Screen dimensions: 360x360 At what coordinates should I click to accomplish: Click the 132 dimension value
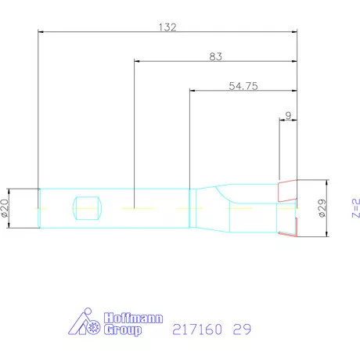(x=167, y=27)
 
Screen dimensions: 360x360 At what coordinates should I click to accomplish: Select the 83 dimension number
(x=216, y=56)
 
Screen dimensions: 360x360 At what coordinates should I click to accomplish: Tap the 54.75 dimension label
(x=243, y=87)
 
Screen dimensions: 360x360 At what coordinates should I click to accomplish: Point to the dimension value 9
(x=289, y=115)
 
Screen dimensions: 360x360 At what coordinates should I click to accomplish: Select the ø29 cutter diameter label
(x=322, y=207)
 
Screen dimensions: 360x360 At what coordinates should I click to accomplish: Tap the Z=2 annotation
(x=355, y=207)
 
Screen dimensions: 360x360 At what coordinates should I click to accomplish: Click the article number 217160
(x=196, y=329)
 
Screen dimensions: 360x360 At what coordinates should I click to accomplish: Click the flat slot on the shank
(x=87, y=208)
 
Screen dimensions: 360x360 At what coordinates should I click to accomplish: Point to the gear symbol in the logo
(x=95, y=317)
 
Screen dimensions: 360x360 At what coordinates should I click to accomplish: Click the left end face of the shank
(x=39, y=208)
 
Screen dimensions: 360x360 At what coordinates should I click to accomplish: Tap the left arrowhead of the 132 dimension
(x=41, y=32)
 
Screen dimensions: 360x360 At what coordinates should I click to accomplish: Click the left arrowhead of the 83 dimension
(x=137, y=61)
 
